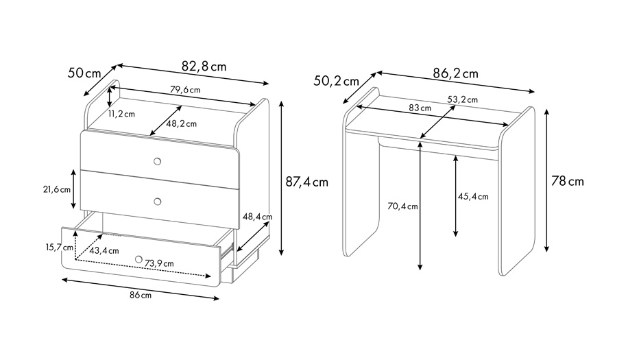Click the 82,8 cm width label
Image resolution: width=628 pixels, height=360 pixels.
point(204,66)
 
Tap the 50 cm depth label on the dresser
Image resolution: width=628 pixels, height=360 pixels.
point(84,73)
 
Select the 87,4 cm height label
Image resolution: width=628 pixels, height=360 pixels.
point(306,182)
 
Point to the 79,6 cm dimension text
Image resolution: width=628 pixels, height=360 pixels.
point(185,89)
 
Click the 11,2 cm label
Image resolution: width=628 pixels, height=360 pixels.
point(121,114)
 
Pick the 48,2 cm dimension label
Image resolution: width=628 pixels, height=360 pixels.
point(182,123)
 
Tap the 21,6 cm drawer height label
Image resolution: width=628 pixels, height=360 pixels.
point(57,189)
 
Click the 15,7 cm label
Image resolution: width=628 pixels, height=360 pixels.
point(59,247)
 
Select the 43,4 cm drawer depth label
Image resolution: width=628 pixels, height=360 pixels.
point(104,251)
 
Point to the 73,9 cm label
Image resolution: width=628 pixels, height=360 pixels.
point(159,263)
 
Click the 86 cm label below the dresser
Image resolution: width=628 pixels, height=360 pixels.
point(141,295)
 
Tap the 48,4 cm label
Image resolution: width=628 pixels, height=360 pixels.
point(258,217)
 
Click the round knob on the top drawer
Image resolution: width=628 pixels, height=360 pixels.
point(158,161)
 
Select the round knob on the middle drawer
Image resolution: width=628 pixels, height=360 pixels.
point(158,202)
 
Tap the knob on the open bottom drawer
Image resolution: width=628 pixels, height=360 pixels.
point(138,259)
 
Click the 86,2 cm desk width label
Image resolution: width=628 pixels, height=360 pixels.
point(455,73)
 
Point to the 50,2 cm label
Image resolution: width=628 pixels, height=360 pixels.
point(337,81)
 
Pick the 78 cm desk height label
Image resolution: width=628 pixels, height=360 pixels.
point(568,181)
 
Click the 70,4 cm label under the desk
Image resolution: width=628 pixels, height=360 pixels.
point(402,206)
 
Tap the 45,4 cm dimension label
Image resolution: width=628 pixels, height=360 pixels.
point(473,197)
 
